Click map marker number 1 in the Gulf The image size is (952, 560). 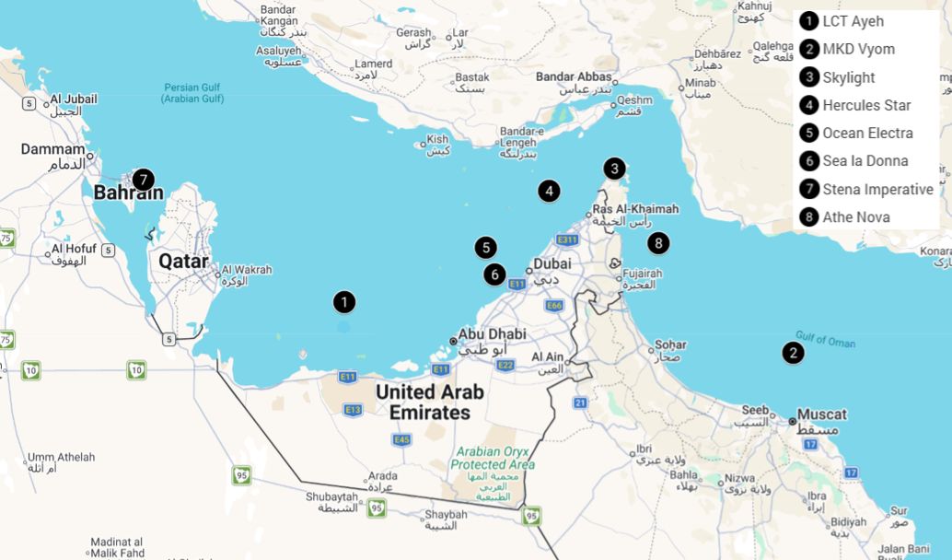click(344, 301)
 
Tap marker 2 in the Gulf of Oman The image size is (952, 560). click(793, 352)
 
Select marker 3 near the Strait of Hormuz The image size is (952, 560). click(614, 169)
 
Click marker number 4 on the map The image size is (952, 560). click(549, 191)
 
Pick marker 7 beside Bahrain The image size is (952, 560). click(142, 179)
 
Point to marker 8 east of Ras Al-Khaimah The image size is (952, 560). click(657, 243)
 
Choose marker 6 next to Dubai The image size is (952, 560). click(494, 274)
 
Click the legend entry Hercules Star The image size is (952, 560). click(865, 105)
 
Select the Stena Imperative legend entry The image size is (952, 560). click(877, 189)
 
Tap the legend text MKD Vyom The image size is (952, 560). click(857, 49)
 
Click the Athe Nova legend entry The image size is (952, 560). click(855, 216)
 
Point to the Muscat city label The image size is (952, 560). click(821, 414)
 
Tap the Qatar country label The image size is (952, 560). click(183, 261)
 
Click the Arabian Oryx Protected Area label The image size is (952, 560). click(493, 458)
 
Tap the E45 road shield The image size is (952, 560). click(401, 440)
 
